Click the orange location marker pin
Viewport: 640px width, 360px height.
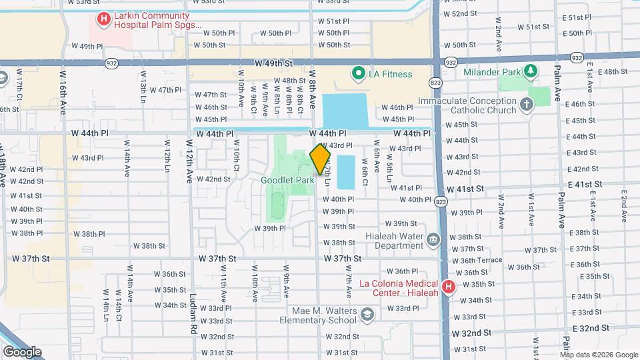point(321,159)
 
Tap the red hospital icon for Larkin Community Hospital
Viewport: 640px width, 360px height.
point(103,19)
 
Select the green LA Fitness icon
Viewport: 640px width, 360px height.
point(358,74)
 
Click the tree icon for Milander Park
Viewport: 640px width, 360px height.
point(531,71)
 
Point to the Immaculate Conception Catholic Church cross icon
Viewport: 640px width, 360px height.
point(527,105)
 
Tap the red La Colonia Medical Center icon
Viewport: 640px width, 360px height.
point(449,287)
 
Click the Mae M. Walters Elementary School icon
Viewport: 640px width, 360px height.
point(367,313)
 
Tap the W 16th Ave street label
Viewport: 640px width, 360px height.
point(64,93)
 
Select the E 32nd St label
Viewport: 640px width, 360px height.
point(592,329)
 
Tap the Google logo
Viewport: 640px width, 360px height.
point(22,351)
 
